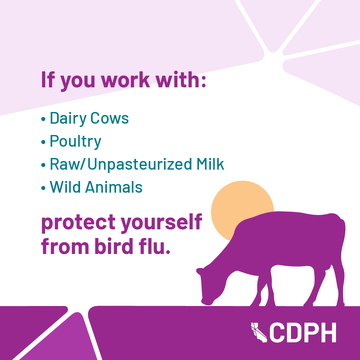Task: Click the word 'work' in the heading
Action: pyautogui.click(x=125, y=80)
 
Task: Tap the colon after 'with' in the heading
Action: pyautogui.click(x=203, y=81)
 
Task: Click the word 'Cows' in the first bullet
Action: pyautogui.click(x=110, y=118)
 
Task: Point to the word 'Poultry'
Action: pyautogui.click(x=76, y=142)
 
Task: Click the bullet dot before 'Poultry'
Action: pyautogui.click(x=43, y=142)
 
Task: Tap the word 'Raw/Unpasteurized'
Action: pyautogui.click(x=121, y=165)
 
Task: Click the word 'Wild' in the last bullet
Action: pyautogui.click(x=65, y=187)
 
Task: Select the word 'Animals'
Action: pyautogui.click(x=114, y=187)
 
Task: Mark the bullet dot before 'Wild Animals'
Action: pyautogui.click(x=43, y=188)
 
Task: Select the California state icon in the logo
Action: pyautogui.click(x=259, y=333)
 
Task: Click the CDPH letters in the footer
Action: pyautogui.click(x=303, y=332)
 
